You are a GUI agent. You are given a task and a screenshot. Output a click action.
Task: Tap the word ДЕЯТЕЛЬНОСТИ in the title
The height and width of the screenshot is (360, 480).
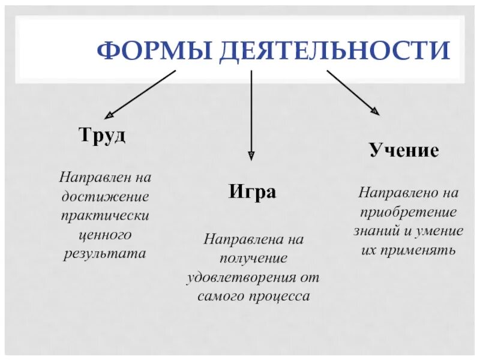[x=334, y=51]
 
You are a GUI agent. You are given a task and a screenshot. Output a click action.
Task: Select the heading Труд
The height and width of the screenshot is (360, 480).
[x=103, y=135]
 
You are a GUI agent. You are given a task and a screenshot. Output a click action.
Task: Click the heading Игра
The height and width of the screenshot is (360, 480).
[x=252, y=193]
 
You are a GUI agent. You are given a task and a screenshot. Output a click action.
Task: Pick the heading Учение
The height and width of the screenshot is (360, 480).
[x=404, y=150]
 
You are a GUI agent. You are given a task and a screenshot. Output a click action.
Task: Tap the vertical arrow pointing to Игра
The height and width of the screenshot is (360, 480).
[x=251, y=114]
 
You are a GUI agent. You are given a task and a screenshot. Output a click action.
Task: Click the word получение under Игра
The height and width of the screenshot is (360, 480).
[x=253, y=259]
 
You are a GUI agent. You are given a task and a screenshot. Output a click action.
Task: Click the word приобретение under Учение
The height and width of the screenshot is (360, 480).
[x=408, y=212]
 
